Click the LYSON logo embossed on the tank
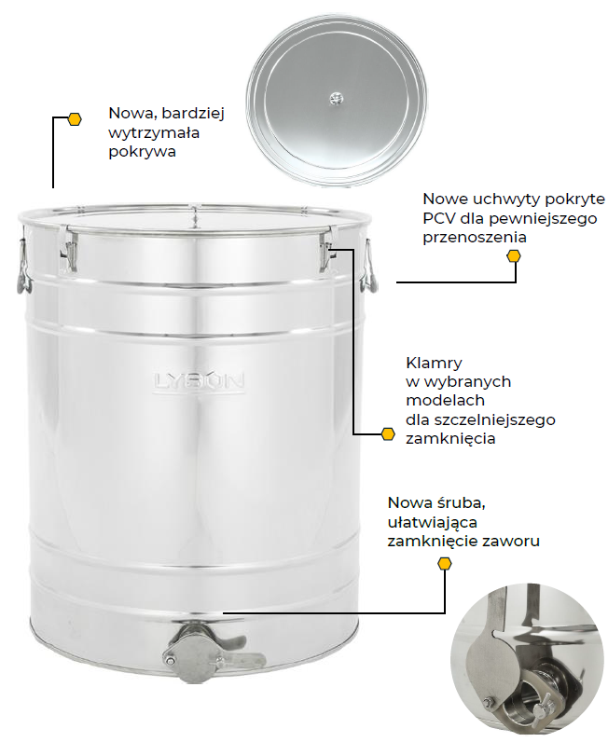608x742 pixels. pos(199,382)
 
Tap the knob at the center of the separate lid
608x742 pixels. pos(337,99)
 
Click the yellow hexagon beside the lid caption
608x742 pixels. pos(75,118)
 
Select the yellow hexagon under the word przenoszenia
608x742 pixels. pos(514,256)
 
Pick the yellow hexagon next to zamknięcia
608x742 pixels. pos(388,434)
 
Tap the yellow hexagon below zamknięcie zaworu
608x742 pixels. pos(445,563)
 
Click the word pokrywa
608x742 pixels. pos(142,152)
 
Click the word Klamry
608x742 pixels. pos(434,364)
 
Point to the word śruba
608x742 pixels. pos(461,502)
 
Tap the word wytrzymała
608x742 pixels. pos(154,133)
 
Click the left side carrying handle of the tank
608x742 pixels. pos(23,265)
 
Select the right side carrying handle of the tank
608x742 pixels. pos(369,266)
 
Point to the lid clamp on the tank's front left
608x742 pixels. pos(69,250)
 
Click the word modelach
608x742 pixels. pos(446,400)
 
